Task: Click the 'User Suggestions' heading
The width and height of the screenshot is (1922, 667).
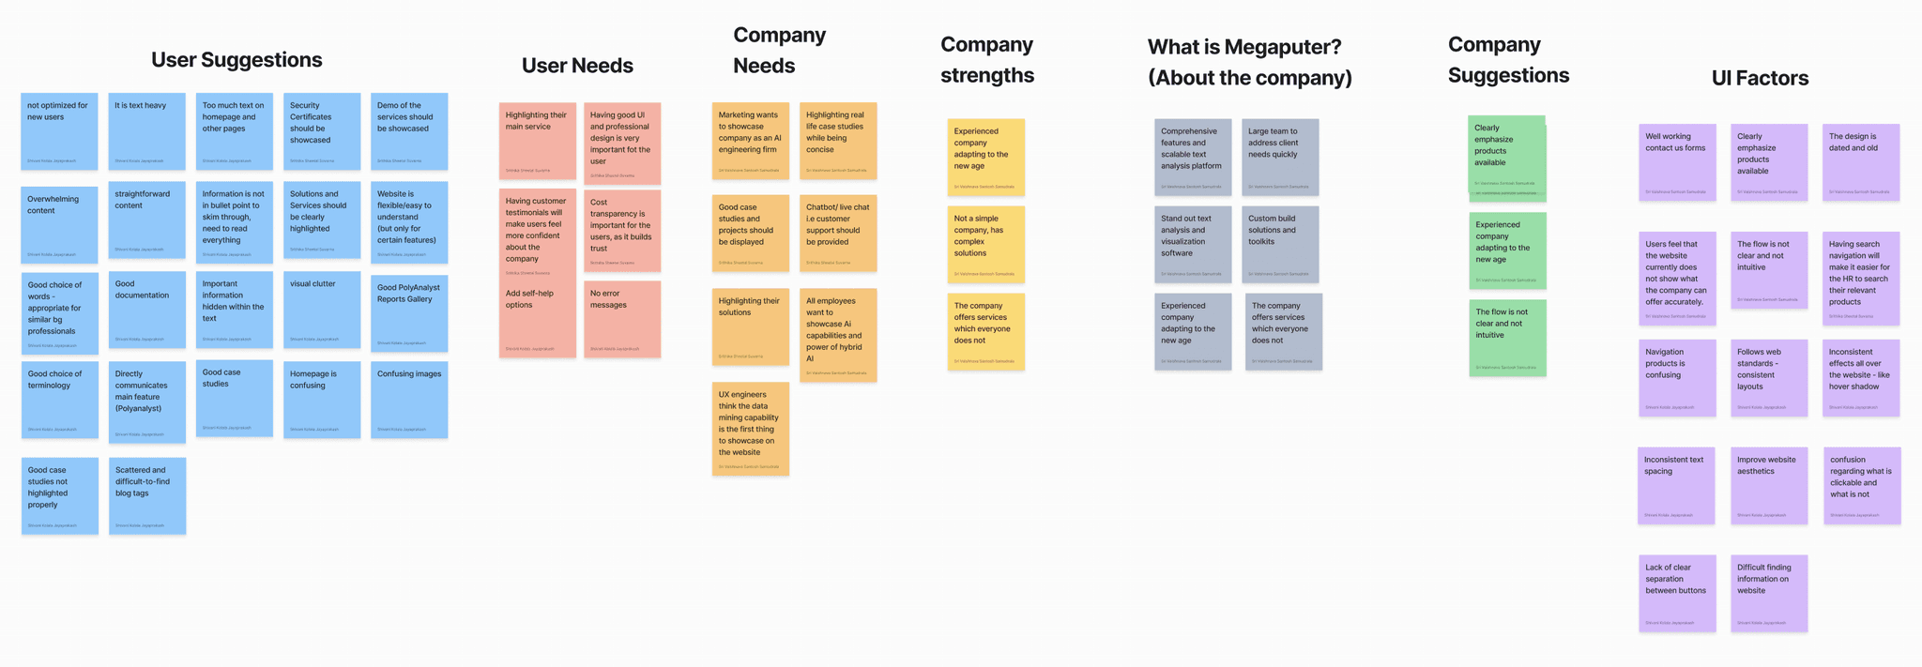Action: click(236, 60)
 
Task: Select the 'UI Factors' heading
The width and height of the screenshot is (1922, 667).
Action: click(1760, 78)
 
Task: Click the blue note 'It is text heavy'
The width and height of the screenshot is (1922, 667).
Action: click(147, 131)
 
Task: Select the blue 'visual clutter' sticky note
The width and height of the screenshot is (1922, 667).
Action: click(322, 310)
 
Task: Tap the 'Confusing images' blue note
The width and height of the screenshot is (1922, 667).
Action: click(409, 400)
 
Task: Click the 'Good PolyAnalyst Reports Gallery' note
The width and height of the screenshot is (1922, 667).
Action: click(409, 313)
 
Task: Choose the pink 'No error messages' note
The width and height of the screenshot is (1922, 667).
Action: click(622, 319)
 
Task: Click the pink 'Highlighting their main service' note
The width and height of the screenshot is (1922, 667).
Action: click(538, 141)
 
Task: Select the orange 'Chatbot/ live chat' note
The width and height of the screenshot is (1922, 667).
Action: click(838, 234)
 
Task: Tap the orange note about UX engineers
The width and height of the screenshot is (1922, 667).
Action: click(751, 429)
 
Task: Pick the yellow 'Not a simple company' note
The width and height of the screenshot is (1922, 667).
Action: click(985, 244)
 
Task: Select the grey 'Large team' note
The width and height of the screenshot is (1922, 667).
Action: click(1280, 157)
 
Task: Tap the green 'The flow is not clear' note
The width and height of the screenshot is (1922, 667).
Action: click(1507, 338)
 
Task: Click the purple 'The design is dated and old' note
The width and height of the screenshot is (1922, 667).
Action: click(1861, 162)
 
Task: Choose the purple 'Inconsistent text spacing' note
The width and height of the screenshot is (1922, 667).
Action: click(1677, 485)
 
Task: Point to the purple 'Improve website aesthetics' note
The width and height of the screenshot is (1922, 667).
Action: click(1769, 485)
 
